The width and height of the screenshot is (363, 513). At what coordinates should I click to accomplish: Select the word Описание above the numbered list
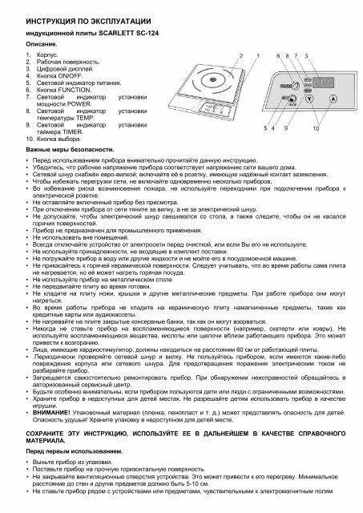(x=42, y=43)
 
